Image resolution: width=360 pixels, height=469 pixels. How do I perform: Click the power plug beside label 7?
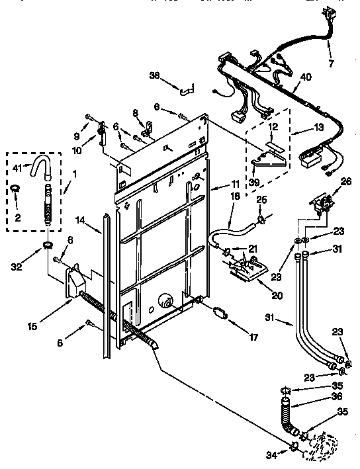pyautogui.click(x=328, y=15)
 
